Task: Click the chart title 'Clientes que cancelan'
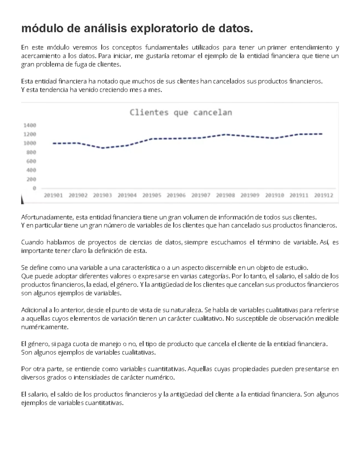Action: pyautogui.click(x=181, y=113)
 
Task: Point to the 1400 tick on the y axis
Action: pyautogui.click(x=30, y=125)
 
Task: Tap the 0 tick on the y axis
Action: pyautogui.click(x=34, y=188)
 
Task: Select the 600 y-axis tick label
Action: pyautogui.click(x=30, y=161)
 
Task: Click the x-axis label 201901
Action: pyautogui.click(x=53, y=195)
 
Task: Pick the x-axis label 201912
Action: pyautogui.click(x=324, y=195)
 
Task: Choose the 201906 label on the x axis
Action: pyautogui.click(x=176, y=195)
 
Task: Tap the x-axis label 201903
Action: pyautogui.click(x=102, y=195)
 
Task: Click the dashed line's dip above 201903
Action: pyautogui.click(x=102, y=148)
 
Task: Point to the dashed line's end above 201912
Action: pyautogui.click(x=322, y=134)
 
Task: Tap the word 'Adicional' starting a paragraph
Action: pyautogui.click(x=34, y=310)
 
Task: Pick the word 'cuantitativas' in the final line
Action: pyautogui.click(x=104, y=403)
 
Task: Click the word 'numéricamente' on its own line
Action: pyautogui.click(x=45, y=327)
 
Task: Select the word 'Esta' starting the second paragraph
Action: pyautogui.click(x=27, y=81)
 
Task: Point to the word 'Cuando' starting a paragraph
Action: pyautogui.click(x=32, y=242)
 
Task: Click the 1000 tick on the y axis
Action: pyautogui.click(x=30, y=143)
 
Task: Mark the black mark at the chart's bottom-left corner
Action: pyautogui.click(x=22, y=200)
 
